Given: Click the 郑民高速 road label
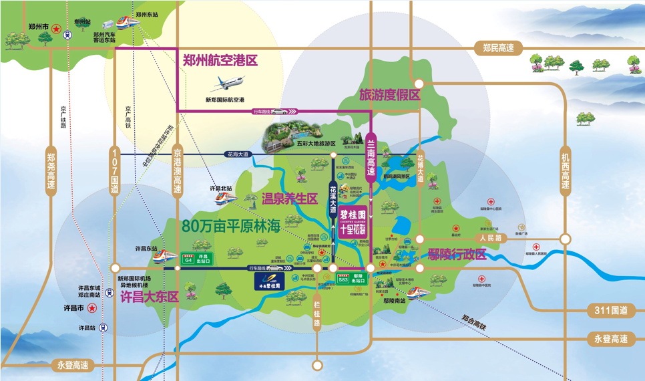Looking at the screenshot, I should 498,47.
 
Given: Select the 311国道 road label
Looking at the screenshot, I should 610,310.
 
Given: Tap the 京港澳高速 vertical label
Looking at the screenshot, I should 178,171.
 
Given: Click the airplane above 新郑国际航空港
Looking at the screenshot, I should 227,84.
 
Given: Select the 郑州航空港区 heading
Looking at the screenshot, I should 220,60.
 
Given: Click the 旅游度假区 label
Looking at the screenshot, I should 389,95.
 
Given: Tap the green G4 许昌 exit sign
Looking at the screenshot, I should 190,258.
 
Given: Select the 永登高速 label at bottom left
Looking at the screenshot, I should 72,365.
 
